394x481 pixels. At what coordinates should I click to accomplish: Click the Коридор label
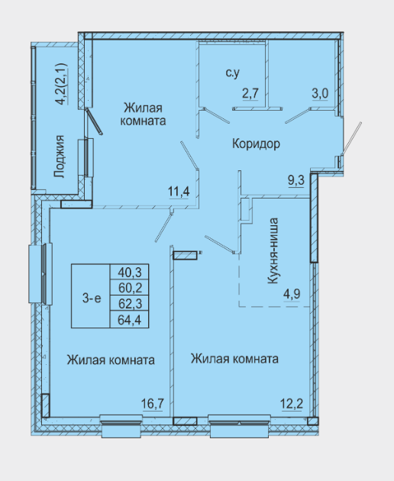tap(256, 144)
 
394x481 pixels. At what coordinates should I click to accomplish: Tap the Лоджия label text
tap(60, 157)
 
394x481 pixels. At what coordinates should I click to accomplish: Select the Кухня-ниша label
tap(273, 250)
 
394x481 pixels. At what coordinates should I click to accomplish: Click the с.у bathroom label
tap(233, 73)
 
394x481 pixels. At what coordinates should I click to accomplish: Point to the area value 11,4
tap(179, 192)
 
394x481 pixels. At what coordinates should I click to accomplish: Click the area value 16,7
tap(153, 403)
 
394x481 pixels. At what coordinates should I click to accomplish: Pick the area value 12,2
tap(292, 403)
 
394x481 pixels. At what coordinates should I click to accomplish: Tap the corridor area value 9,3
tap(296, 180)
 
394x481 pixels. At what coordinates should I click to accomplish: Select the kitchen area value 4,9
tap(292, 294)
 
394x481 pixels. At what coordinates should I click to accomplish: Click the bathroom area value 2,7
tap(250, 93)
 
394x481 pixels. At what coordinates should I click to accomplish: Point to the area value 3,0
tap(320, 93)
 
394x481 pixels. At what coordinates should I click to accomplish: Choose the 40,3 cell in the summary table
tap(130, 272)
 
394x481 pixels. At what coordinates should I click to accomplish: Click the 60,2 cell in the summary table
tap(130, 288)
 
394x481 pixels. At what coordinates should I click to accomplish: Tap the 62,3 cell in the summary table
tap(130, 304)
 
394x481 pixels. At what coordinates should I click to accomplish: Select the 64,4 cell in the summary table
tap(130, 320)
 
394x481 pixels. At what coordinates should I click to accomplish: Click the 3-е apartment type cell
tap(91, 296)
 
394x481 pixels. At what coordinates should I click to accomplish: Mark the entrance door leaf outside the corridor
tap(352, 138)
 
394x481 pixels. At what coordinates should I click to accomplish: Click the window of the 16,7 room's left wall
tap(40, 273)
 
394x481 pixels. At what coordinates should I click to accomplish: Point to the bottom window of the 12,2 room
tap(239, 426)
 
